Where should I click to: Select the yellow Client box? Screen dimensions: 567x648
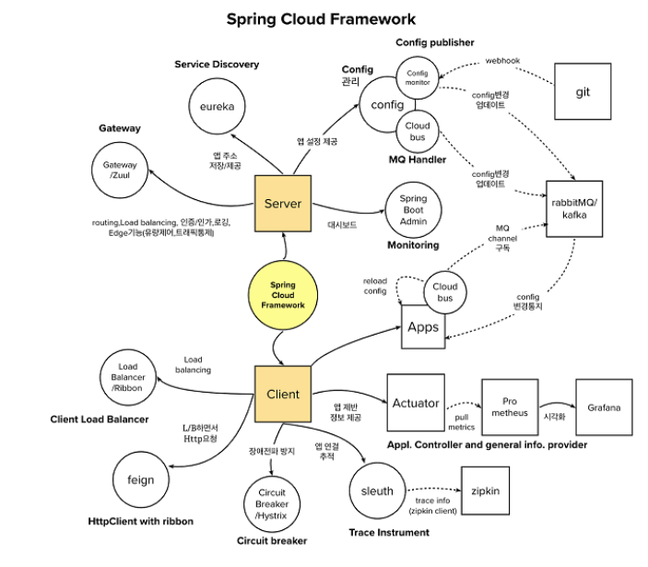click(283, 394)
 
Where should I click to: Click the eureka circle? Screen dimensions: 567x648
click(218, 107)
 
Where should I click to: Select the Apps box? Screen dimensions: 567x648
click(423, 327)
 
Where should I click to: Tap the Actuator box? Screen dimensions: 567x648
click(416, 403)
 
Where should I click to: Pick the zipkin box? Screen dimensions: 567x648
click(485, 491)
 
